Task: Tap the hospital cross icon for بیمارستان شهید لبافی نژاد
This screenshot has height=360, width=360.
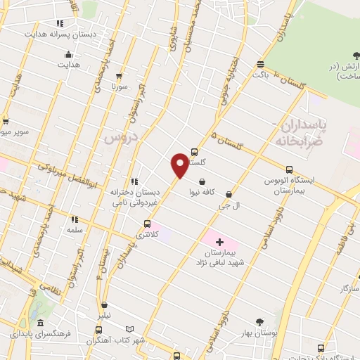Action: [x=219, y=241]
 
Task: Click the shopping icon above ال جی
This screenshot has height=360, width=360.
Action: [x=229, y=195]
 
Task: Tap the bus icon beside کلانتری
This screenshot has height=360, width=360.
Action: [x=147, y=224]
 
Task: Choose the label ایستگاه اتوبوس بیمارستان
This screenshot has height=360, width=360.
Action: [x=289, y=186]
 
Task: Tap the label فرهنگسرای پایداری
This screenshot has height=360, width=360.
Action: [x=42, y=335]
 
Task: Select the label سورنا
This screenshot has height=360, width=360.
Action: [x=117, y=87]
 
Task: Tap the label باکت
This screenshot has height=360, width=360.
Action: [x=260, y=73]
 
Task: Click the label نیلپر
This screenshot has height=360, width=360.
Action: [x=105, y=316]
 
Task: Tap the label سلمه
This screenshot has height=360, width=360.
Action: [x=75, y=230]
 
